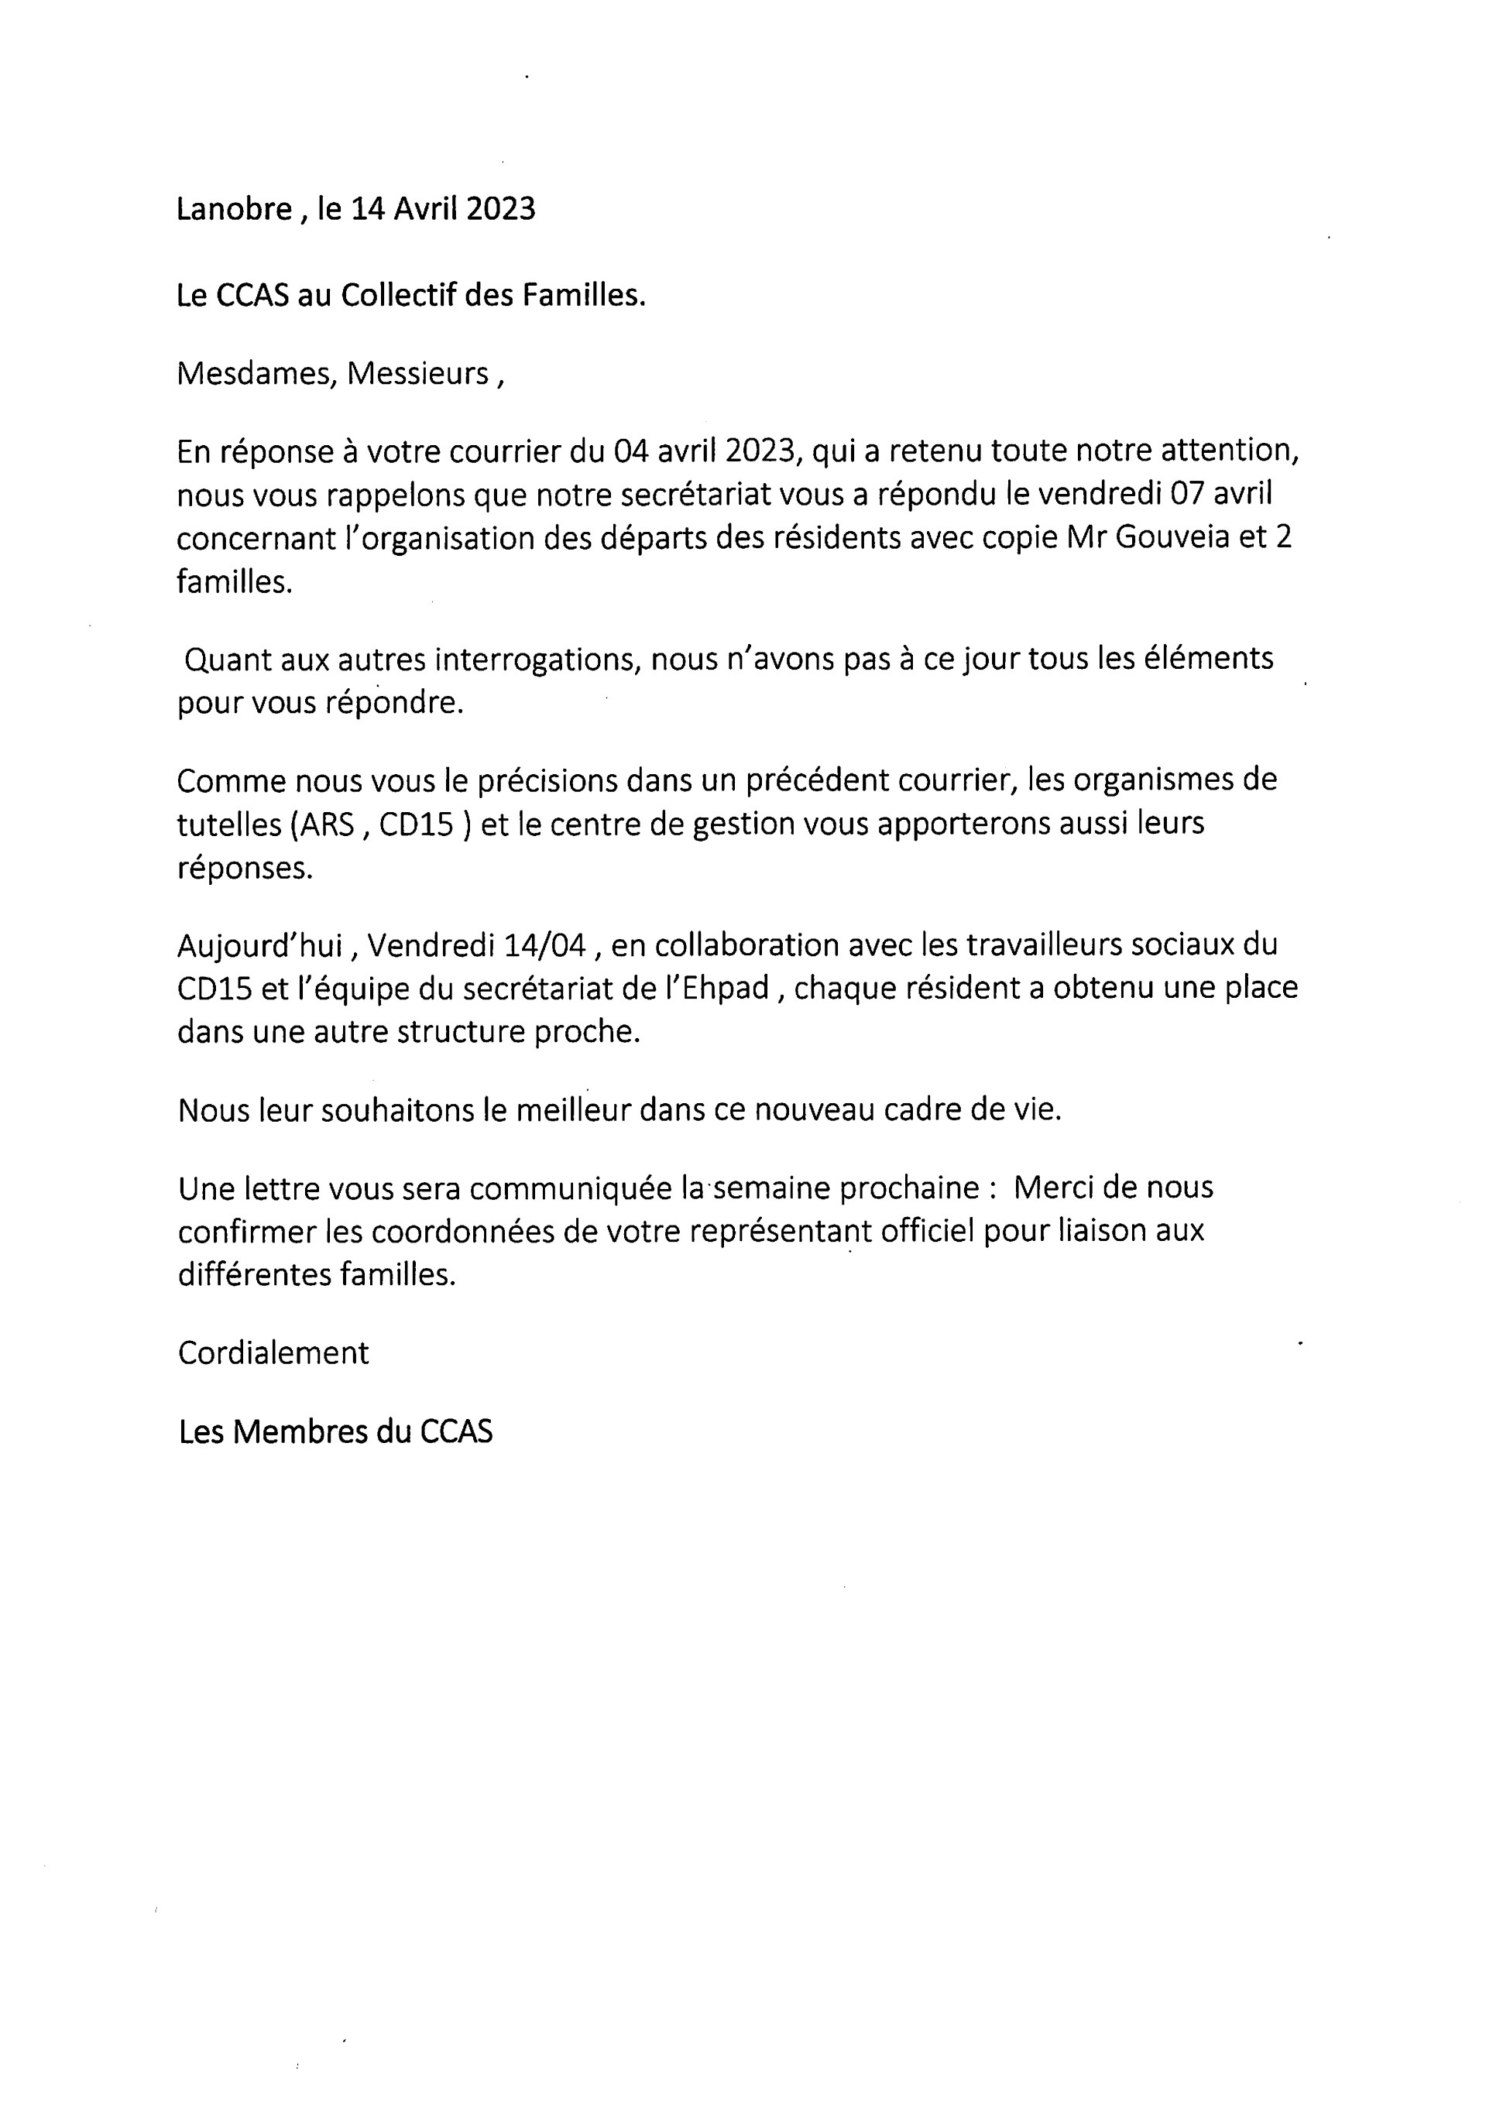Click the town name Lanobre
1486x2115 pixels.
234,210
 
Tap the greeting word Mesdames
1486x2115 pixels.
254,373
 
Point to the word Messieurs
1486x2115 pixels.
417,373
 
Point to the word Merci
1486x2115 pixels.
1053,1188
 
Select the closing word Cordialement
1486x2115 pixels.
273,1352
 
